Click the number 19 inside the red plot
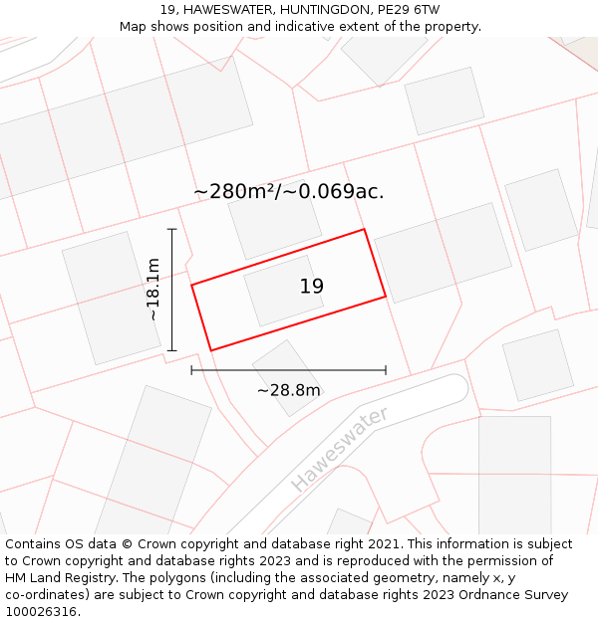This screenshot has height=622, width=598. tap(312, 287)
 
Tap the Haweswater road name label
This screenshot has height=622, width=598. tap(339, 449)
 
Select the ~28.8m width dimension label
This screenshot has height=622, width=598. tap(289, 390)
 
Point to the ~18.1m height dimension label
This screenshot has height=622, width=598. tap(153, 290)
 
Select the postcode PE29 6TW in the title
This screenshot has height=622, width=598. tap(409, 9)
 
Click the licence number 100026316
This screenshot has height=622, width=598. tap(40, 611)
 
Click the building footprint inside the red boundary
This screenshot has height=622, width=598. tap(283, 291)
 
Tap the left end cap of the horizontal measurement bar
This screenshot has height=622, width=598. tap(191, 370)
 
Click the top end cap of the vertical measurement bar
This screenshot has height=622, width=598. tap(172, 229)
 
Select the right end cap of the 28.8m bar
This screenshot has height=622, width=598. tap(386, 370)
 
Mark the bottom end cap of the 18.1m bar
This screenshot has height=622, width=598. tap(172, 350)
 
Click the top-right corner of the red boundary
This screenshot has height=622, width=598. tap(364, 230)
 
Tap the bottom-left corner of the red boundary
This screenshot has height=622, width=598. tap(211, 350)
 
